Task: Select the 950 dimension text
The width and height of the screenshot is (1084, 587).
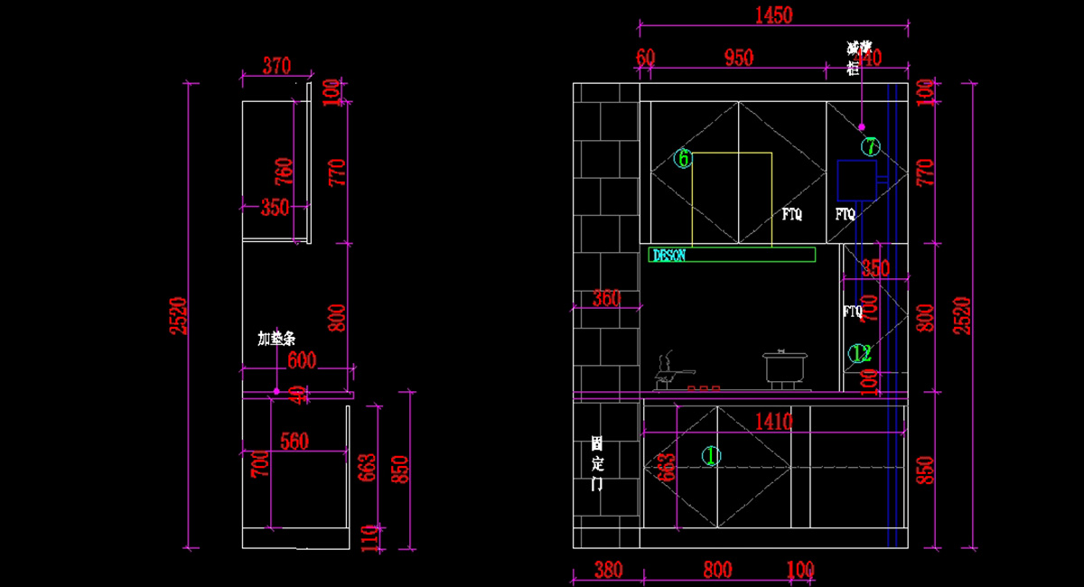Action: click(x=738, y=58)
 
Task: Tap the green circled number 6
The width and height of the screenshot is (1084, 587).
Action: click(x=683, y=159)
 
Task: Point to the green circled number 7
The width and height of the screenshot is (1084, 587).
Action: click(x=870, y=145)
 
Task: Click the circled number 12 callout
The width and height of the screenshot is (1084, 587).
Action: click(x=859, y=353)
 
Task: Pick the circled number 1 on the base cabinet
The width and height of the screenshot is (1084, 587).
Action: click(x=712, y=456)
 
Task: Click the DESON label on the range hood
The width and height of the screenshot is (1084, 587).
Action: click(x=669, y=256)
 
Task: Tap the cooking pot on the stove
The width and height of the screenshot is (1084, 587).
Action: click(x=782, y=368)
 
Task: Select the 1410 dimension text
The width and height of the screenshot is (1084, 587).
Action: click(x=774, y=421)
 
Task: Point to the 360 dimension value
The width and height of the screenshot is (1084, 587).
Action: click(x=606, y=298)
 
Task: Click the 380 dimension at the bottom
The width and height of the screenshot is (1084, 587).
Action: click(x=608, y=571)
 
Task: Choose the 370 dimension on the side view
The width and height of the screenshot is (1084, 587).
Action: click(x=276, y=65)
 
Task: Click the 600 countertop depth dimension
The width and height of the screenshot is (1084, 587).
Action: click(x=301, y=361)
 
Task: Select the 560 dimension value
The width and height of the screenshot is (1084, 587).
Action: click(x=294, y=442)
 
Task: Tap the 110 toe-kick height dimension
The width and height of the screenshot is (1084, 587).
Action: click(x=369, y=538)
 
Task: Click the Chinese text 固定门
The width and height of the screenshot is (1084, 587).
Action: click(x=597, y=463)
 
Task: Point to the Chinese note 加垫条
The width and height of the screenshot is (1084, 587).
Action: click(x=276, y=339)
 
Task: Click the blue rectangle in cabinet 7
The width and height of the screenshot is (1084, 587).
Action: click(x=856, y=180)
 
